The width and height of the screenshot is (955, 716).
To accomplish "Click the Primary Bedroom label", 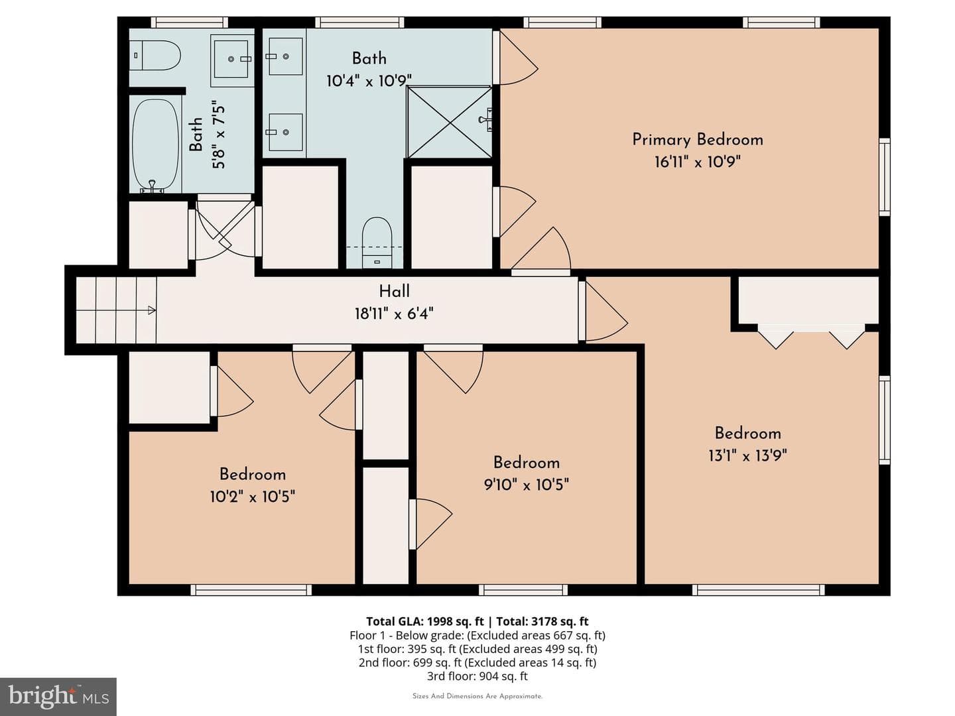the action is point(698,139).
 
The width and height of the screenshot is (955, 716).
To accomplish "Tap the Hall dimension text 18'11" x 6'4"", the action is point(394,313).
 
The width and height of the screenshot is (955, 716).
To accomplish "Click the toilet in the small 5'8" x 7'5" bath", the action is point(155,55).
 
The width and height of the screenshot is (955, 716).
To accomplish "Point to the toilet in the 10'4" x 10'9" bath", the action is point(377,243).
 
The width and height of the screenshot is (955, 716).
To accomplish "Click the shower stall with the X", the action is point(450,122).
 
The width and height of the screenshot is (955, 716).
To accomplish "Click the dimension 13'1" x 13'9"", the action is point(748,455).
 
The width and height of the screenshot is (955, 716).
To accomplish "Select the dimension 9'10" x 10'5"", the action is point(527,484).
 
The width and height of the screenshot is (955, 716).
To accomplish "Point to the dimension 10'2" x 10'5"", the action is point(253,497).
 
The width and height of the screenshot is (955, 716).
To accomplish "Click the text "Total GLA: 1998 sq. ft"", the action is point(424,621).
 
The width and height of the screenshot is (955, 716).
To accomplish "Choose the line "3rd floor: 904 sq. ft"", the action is point(477,676).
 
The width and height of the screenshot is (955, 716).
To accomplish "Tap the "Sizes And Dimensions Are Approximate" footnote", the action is point(477,696).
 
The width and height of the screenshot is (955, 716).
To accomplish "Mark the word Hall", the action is point(394,291).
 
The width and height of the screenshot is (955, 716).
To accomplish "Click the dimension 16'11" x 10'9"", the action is point(698,162).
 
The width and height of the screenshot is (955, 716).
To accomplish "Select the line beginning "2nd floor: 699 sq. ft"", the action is point(477,662).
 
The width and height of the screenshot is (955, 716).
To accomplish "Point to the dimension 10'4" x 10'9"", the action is point(369,80).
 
